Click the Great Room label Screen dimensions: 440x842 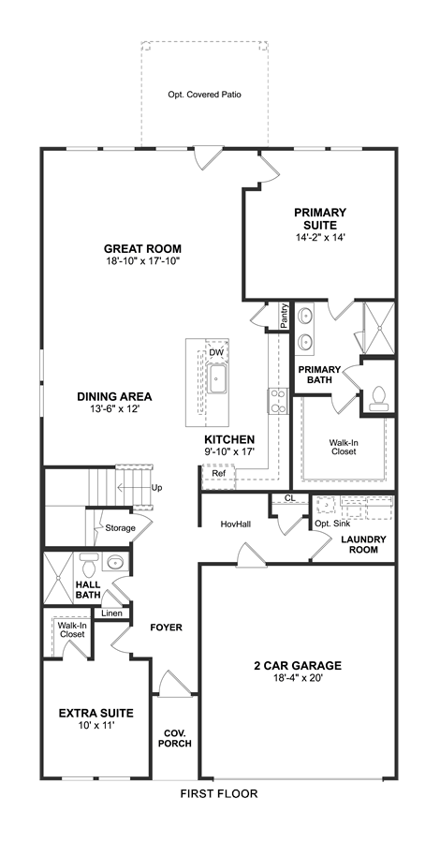click(x=142, y=248)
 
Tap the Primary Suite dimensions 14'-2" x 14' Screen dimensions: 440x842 click(x=320, y=236)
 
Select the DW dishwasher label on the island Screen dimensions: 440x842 click(x=215, y=352)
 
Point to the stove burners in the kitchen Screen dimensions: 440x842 click(x=278, y=401)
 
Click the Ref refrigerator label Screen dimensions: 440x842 click(x=218, y=474)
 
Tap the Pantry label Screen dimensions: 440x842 click(x=285, y=317)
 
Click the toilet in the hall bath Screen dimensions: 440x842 click(x=88, y=564)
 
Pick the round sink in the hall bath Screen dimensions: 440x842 click(x=115, y=562)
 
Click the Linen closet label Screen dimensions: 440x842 click(x=111, y=613)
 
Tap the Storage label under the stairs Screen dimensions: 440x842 click(x=120, y=528)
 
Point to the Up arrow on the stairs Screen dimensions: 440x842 click(x=134, y=488)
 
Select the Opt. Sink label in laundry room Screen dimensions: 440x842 click(x=332, y=524)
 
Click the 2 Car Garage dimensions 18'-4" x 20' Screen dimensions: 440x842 click(x=298, y=678)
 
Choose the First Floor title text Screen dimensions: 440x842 click(x=219, y=793)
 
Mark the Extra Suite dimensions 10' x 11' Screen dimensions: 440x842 click(x=96, y=725)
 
